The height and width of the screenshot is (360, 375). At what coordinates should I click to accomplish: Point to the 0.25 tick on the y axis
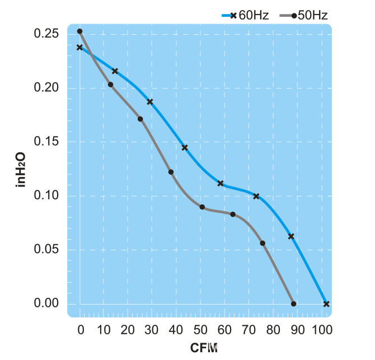point(48,34)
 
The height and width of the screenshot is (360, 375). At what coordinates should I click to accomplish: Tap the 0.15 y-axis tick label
point(48,142)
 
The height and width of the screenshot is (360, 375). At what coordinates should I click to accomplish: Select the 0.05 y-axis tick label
point(48,250)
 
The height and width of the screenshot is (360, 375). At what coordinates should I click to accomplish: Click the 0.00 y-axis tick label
point(48,303)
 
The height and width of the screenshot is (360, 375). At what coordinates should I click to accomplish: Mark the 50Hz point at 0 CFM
point(79,31)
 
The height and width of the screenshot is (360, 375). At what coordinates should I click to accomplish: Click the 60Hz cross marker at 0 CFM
point(79,48)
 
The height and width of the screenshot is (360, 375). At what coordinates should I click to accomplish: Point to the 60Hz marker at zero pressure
point(326,304)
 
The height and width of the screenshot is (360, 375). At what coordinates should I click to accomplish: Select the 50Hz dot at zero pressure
point(293,304)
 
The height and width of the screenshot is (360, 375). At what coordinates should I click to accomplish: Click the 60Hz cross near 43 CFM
point(185,148)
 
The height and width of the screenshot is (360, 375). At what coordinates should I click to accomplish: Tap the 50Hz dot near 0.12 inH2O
point(171,172)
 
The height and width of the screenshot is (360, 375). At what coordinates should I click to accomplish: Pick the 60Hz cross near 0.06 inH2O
point(291,236)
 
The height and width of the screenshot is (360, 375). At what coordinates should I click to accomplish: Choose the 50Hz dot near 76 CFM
point(262,243)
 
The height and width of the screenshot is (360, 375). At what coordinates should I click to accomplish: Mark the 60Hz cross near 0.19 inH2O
point(149,102)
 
